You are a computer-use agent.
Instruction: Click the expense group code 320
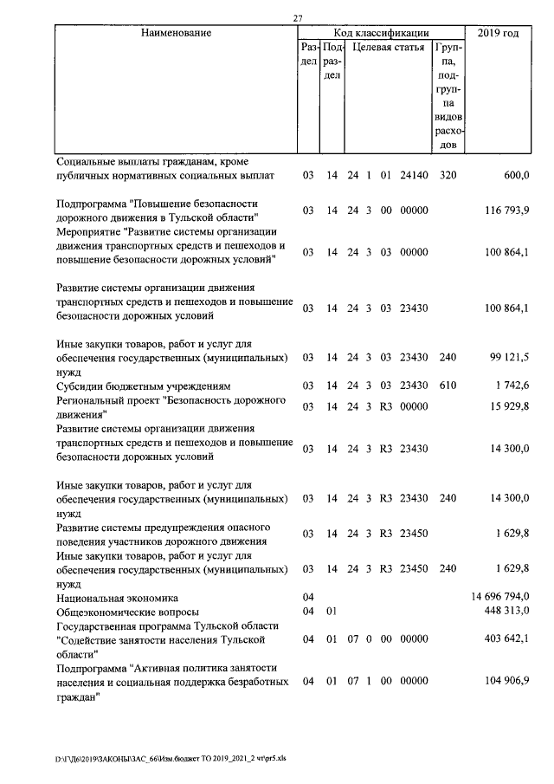(x=448, y=176)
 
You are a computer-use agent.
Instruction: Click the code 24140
(x=415, y=176)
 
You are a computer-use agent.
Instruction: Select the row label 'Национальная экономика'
(x=117, y=598)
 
